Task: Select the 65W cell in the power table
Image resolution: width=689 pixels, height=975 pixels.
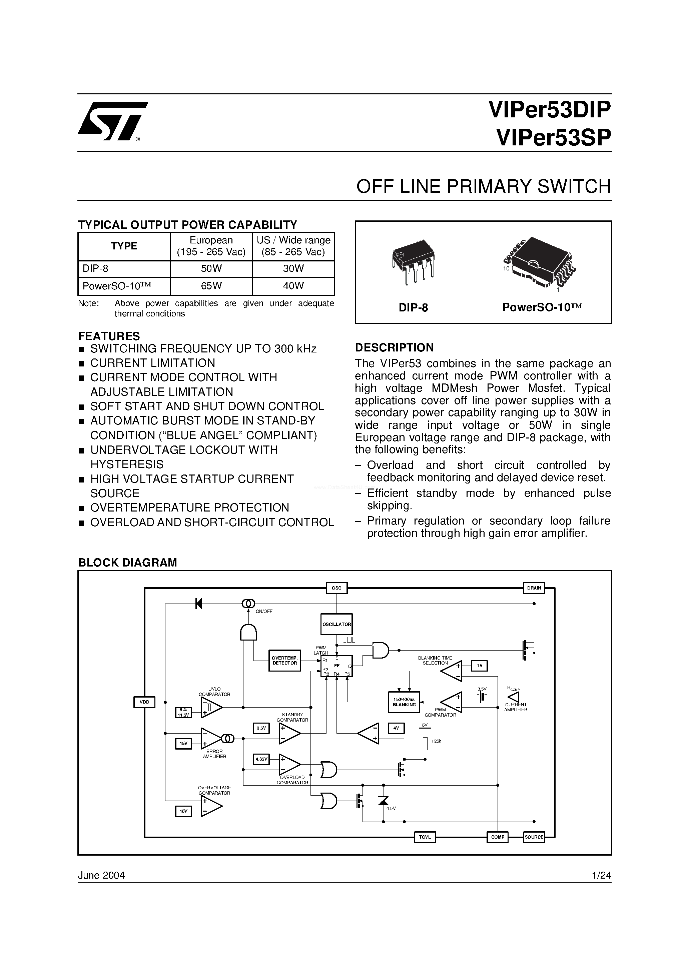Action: [211, 286]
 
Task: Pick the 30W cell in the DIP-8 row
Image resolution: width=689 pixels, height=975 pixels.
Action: [293, 269]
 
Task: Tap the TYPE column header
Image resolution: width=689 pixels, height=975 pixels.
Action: [124, 246]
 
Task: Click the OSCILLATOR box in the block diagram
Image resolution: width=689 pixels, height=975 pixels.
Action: [336, 625]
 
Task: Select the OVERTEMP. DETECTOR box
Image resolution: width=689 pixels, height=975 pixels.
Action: [284, 660]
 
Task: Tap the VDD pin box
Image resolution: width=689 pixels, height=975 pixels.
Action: [144, 702]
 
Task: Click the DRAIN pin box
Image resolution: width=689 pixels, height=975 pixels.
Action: [534, 588]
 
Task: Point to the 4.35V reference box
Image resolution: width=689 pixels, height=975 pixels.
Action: [261, 759]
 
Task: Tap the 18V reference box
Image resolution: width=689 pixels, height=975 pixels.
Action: [183, 811]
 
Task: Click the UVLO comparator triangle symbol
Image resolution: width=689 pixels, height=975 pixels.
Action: [211, 708]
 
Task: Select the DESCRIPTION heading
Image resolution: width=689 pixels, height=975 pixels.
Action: [394, 347]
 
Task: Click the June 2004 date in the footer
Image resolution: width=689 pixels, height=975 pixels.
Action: [101, 875]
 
